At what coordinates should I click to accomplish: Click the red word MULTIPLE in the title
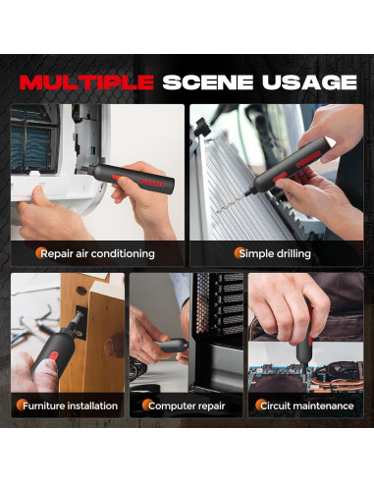point(86,82)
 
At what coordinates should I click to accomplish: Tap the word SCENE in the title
point(208,82)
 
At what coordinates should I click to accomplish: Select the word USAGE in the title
point(309,82)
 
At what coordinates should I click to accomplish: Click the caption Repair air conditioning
point(97,253)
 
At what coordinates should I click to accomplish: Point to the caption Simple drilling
point(275,253)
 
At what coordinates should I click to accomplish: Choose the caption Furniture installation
point(70,405)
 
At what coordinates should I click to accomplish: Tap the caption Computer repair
point(187,406)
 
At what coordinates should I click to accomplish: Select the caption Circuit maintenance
point(307,405)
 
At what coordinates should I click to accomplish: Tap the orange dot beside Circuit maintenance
point(260,405)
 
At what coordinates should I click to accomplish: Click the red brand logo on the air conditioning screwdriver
point(151,183)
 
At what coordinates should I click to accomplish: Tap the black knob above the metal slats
point(202,128)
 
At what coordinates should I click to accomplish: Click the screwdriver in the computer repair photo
point(171,346)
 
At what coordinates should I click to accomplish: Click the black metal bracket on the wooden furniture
point(80,322)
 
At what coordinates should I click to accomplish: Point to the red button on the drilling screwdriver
point(282,177)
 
